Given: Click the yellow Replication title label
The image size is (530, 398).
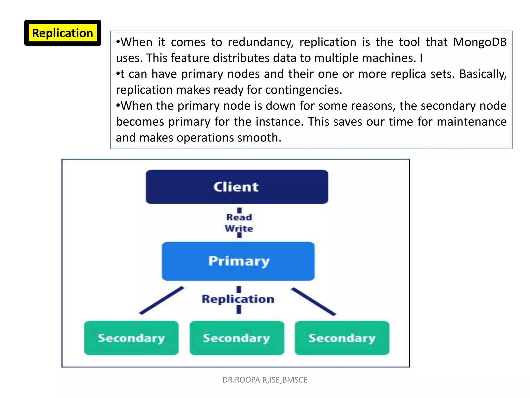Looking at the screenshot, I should click(x=62, y=33).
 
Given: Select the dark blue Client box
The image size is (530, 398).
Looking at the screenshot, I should click(x=237, y=187).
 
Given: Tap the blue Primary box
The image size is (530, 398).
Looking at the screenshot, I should click(x=238, y=261).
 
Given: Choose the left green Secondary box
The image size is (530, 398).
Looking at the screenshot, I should click(x=131, y=338).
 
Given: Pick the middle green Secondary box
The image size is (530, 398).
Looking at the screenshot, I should click(x=237, y=338).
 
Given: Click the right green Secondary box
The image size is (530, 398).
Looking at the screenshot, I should click(x=342, y=338).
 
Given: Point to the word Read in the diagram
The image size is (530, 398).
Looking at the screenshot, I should click(x=239, y=217).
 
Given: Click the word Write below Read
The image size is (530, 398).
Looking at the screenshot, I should click(x=239, y=229).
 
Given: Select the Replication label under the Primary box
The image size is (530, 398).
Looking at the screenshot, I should click(x=238, y=299).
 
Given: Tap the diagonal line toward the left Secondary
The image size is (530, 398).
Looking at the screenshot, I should click(x=161, y=301).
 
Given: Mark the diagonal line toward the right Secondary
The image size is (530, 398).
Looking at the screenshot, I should click(x=313, y=302).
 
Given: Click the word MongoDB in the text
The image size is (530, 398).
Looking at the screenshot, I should click(x=480, y=42).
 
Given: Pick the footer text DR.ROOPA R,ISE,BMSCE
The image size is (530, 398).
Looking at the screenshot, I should click(x=265, y=380).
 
